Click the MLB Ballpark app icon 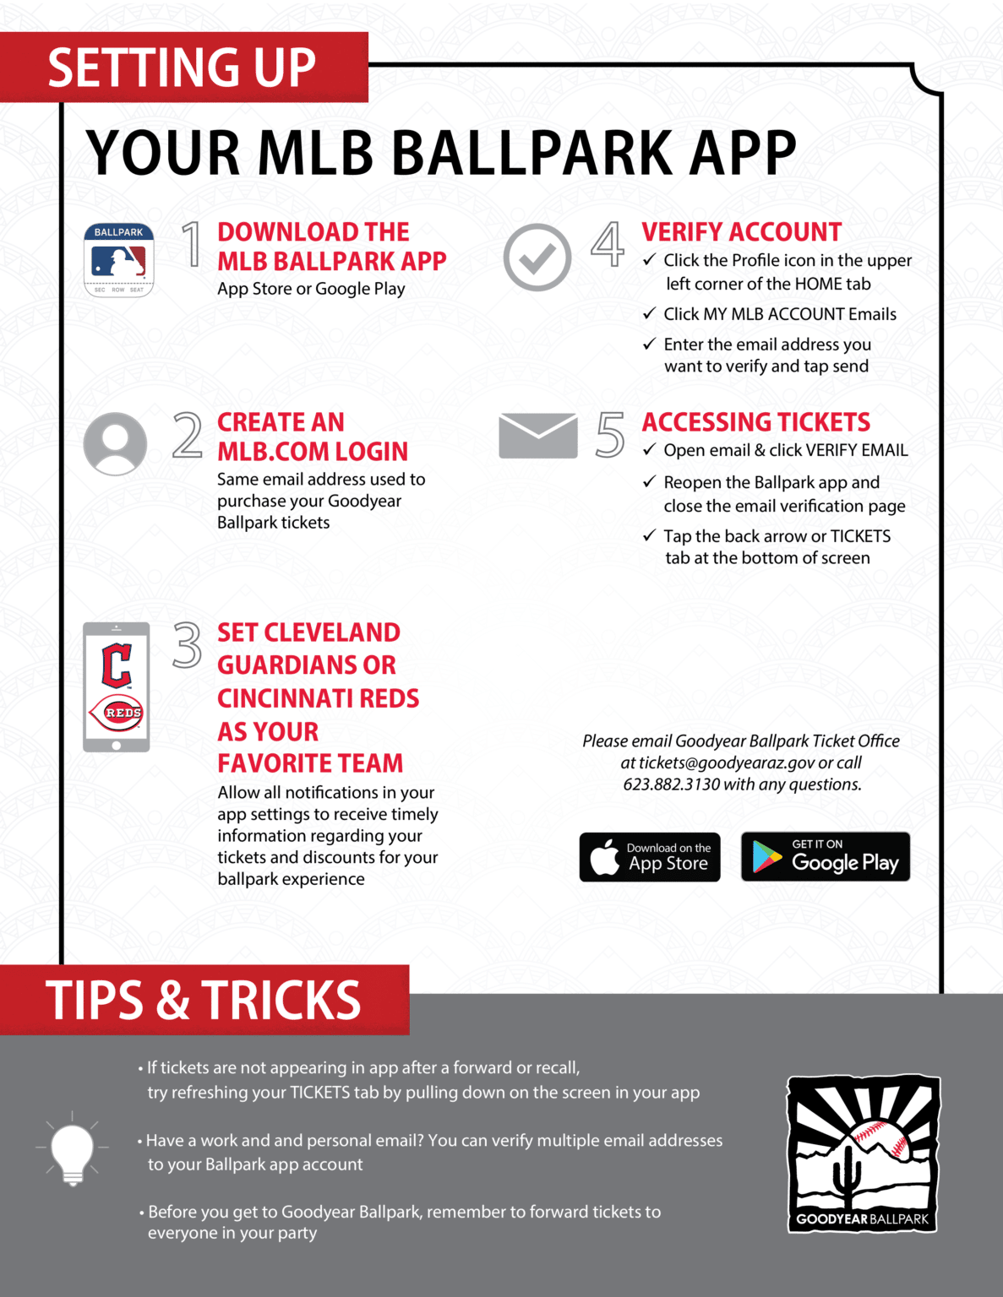click(x=119, y=260)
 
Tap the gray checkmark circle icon click(x=537, y=258)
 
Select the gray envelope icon click(x=538, y=436)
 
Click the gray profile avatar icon click(x=116, y=443)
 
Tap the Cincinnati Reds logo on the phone click(x=117, y=713)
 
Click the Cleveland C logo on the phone click(x=117, y=665)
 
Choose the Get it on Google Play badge click(x=826, y=856)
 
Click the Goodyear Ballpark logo click(x=863, y=1153)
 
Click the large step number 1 click(x=193, y=245)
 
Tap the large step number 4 click(x=608, y=244)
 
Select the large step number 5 click(x=610, y=435)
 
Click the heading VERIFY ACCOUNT click(x=741, y=232)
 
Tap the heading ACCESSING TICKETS click(x=755, y=422)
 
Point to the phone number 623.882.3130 click(x=672, y=784)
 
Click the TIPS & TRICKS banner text click(x=204, y=1001)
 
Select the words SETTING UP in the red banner click(x=182, y=68)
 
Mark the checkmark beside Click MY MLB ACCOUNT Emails click(x=649, y=313)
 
